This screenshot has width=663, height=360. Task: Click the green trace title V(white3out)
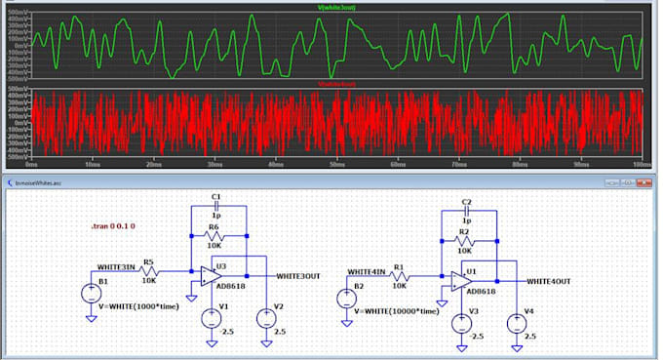pyautogui.click(x=336, y=8)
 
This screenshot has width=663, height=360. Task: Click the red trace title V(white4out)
pyautogui.click(x=336, y=85)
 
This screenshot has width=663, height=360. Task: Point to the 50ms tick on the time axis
pyautogui.click(x=336, y=164)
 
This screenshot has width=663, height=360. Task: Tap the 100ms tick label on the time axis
pyautogui.click(x=641, y=164)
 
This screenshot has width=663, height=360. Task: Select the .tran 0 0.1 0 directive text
pyautogui.click(x=112, y=226)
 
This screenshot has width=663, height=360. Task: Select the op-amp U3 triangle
pyautogui.click(x=210, y=277)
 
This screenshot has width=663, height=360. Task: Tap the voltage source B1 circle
pyautogui.click(x=91, y=291)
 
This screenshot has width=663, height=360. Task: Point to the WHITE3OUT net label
pyautogui.click(x=298, y=276)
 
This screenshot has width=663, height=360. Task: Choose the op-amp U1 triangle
pyautogui.click(x=460, y=282)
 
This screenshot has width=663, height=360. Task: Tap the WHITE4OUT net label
pyautogui.click(x=549, y=281)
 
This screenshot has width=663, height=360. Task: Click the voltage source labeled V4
pyautogui.click(x=515, y=323)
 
